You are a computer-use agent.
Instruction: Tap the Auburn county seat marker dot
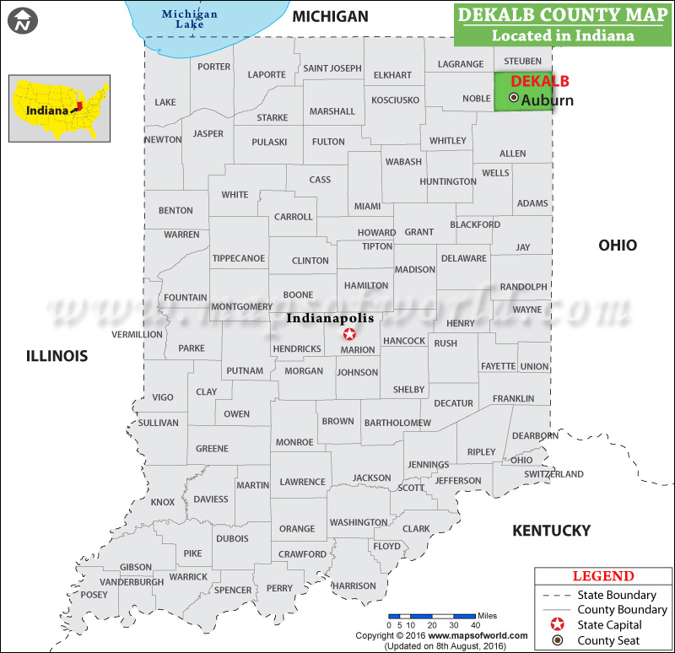515,99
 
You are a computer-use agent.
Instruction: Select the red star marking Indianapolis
349,334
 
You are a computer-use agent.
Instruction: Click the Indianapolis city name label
330,319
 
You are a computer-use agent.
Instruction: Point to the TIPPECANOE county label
239,258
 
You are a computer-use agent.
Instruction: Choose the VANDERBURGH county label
132,582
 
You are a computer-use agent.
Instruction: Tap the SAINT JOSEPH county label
332,68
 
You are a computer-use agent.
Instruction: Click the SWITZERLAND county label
553,474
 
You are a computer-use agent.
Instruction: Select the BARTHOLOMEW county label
397,423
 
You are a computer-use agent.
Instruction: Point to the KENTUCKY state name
552,531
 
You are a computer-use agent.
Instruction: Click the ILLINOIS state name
57,356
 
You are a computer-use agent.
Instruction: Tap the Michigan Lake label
190,19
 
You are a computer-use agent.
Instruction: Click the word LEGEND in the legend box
602,576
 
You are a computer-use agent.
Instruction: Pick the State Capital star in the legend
556,625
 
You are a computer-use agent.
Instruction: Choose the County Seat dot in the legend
556,640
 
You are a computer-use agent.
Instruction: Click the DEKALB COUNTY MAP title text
564,15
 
